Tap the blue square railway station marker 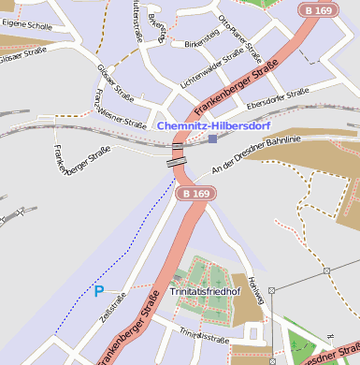(x=213, y=139)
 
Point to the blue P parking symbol (x=98, y=291)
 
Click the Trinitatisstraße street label (x=203, y=333)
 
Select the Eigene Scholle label (x=26, y=26)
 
